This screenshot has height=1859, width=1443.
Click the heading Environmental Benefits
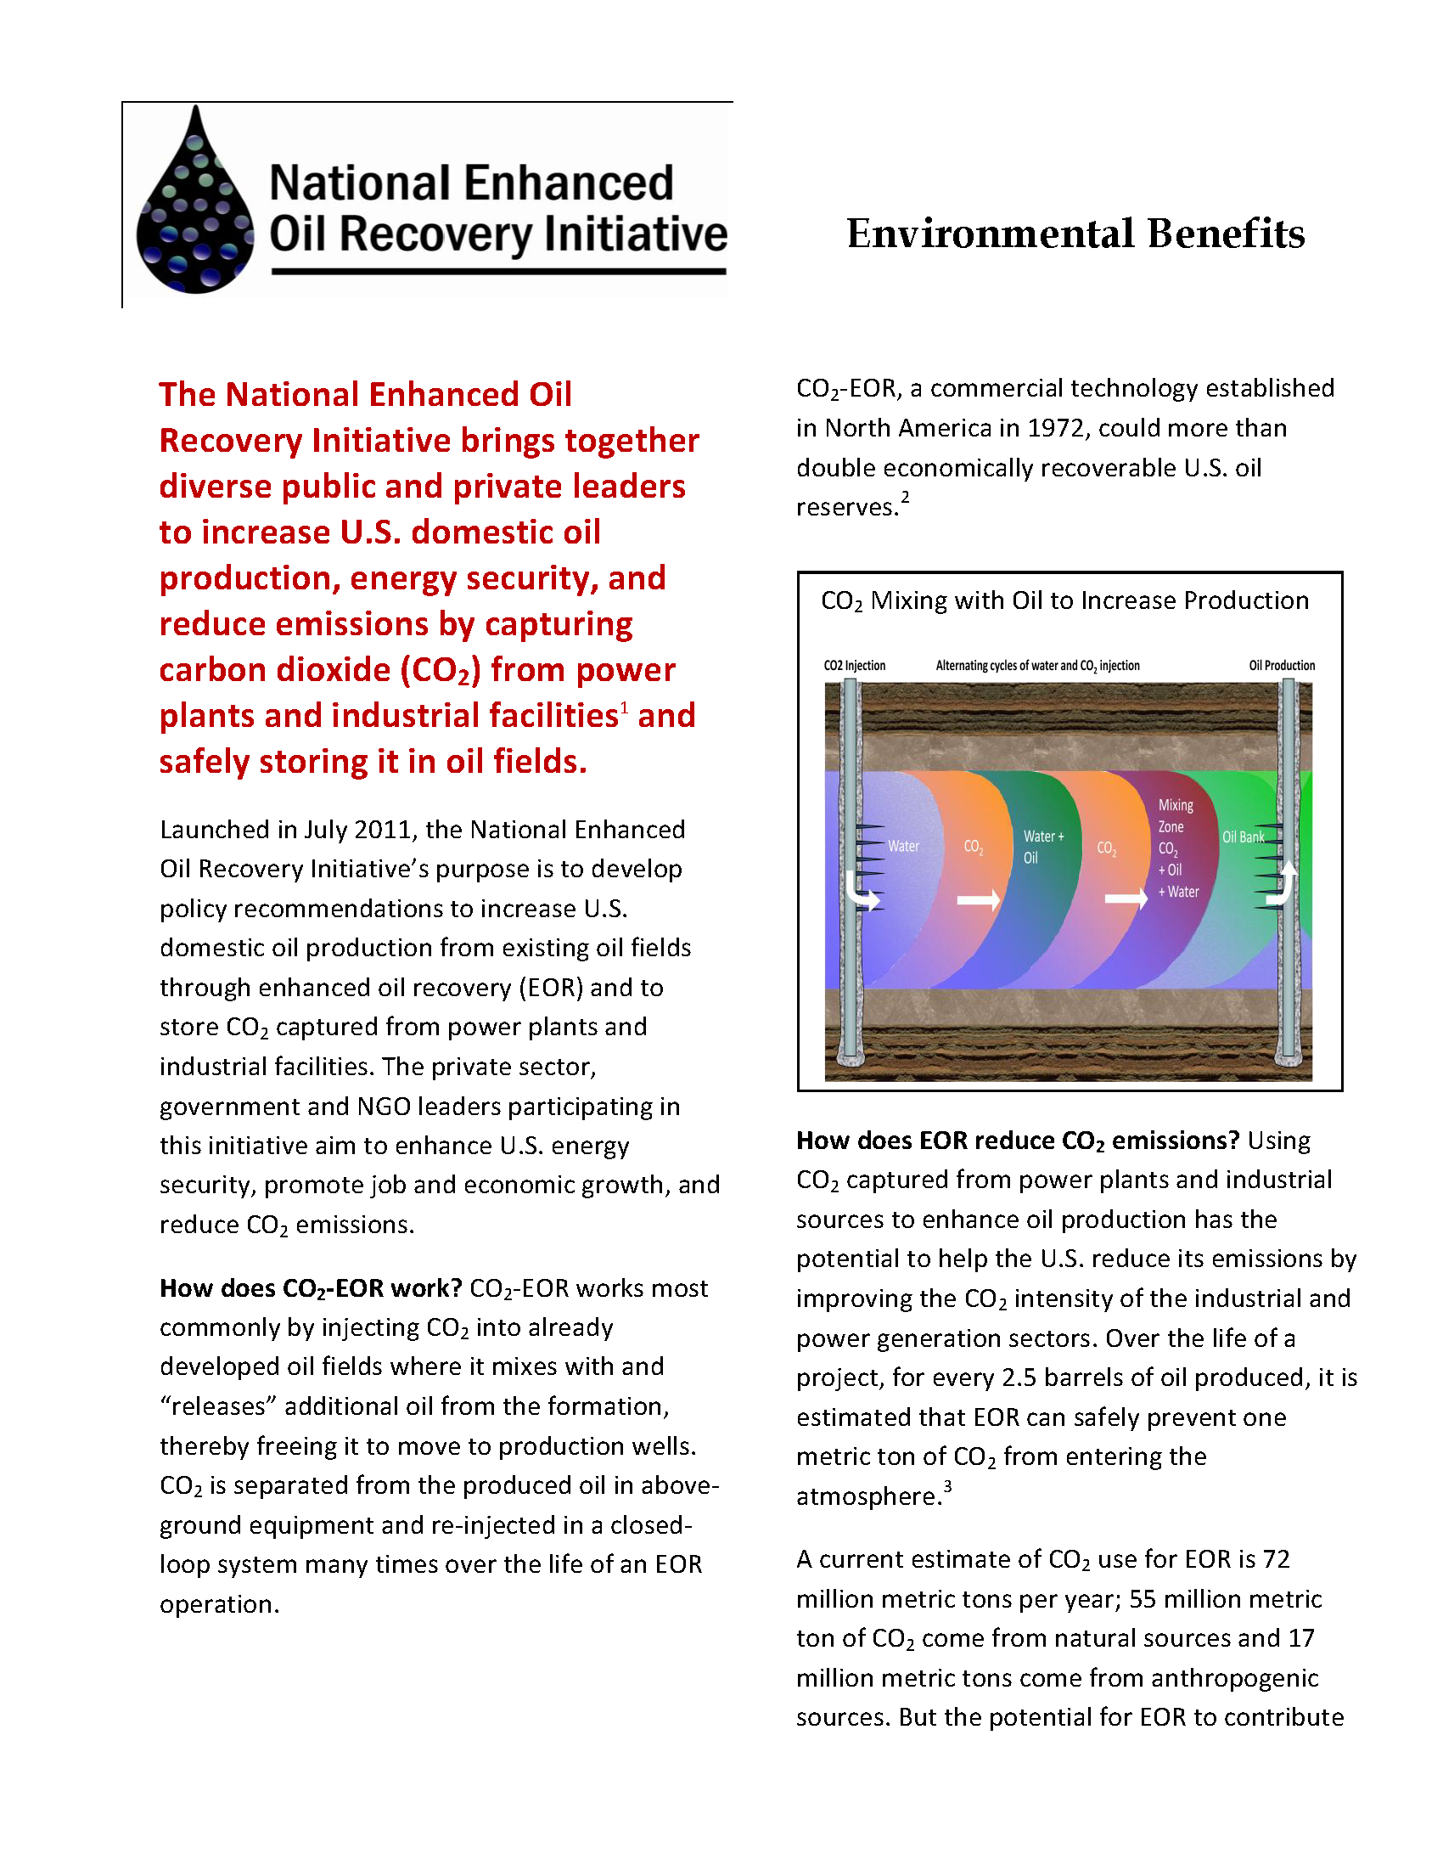(1075, 234)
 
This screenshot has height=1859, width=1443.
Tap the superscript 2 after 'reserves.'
(906, 497)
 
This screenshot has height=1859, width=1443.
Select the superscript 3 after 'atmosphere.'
(947, 1486)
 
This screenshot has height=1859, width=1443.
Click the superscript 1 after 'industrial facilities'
(624, 707)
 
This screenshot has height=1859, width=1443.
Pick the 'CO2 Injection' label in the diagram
(854, 666)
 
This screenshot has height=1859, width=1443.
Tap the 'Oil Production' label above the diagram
(1282, 666)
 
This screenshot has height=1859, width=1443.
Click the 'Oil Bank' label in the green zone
(1243, 837)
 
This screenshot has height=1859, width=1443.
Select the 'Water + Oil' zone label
(1042, 847)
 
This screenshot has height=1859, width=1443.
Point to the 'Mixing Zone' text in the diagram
(1175, 815)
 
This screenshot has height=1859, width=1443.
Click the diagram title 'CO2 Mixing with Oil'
(1064, 601)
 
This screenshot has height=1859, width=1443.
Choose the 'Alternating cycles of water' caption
(1037, 666)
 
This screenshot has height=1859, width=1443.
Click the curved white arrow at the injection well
(864, 893)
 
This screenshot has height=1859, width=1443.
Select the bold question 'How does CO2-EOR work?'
(311, 1288)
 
